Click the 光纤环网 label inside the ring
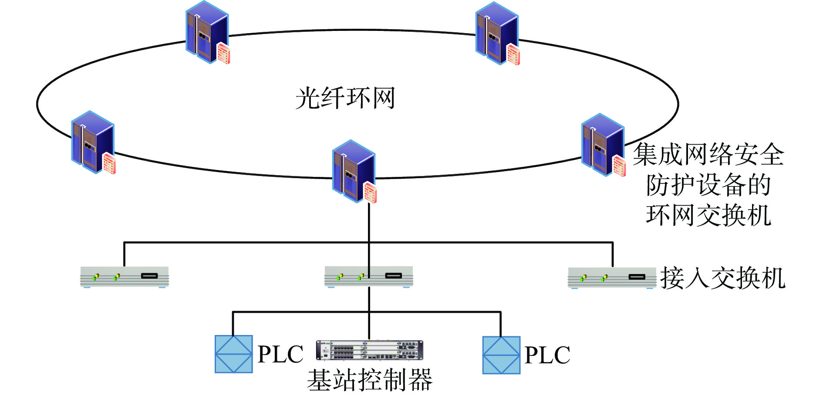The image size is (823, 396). coord(345,98)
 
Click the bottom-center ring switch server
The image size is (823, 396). coord(353,171)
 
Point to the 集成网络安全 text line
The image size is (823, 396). coord(708,155)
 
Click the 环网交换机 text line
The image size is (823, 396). coord(708,215)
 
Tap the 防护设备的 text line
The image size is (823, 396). coord(708,185)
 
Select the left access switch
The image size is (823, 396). coord(124,277)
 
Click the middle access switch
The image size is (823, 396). coord(368,277)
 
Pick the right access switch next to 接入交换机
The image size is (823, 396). coord(612,278)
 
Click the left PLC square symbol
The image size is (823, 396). coord(234,354)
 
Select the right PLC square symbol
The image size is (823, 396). coord(501,355)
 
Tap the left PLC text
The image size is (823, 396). coord(280,354)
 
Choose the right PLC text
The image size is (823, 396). coord(547,355)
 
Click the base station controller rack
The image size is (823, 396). coord(369,350)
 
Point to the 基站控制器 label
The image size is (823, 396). coord(369,380)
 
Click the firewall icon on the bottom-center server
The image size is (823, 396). coord(370,192)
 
